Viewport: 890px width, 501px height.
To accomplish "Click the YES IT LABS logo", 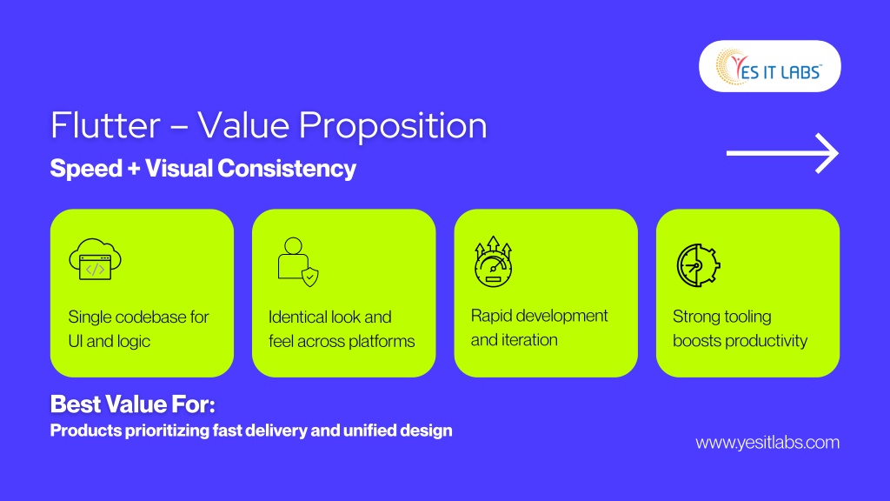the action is (x=769, y=66).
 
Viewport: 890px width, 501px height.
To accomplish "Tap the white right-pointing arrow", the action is (x=782, y=153).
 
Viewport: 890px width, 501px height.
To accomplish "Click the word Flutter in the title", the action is (x=105, y=125).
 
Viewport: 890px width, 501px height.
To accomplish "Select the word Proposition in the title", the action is (x=393, y=126).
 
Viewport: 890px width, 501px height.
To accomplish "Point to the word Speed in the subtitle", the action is (x=86, y=169).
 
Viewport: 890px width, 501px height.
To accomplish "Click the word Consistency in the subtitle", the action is (x=287, y=169).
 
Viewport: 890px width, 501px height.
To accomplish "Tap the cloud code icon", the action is (x=96, y=259).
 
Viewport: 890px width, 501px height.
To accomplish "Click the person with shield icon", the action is (x=298, y=262).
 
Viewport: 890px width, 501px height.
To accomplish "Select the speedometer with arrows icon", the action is (x=494, y=261).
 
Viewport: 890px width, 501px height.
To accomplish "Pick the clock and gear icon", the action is (x=698, y=265).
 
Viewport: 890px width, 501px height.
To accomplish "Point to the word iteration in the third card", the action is (x=530, y=340).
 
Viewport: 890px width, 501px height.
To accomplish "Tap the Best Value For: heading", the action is (x=133, y=404).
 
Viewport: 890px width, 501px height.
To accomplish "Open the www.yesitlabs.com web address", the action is (x=767, y=443).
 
